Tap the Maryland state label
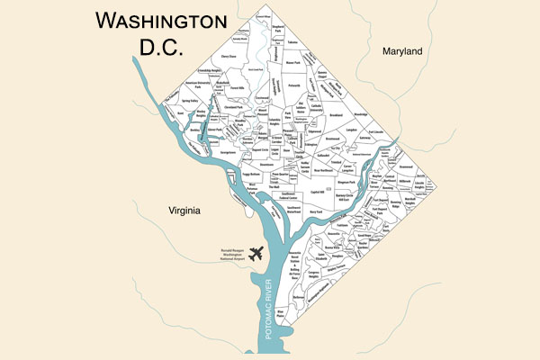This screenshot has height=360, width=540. (x=401, y=52)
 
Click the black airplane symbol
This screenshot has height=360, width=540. (x=256, y=255)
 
